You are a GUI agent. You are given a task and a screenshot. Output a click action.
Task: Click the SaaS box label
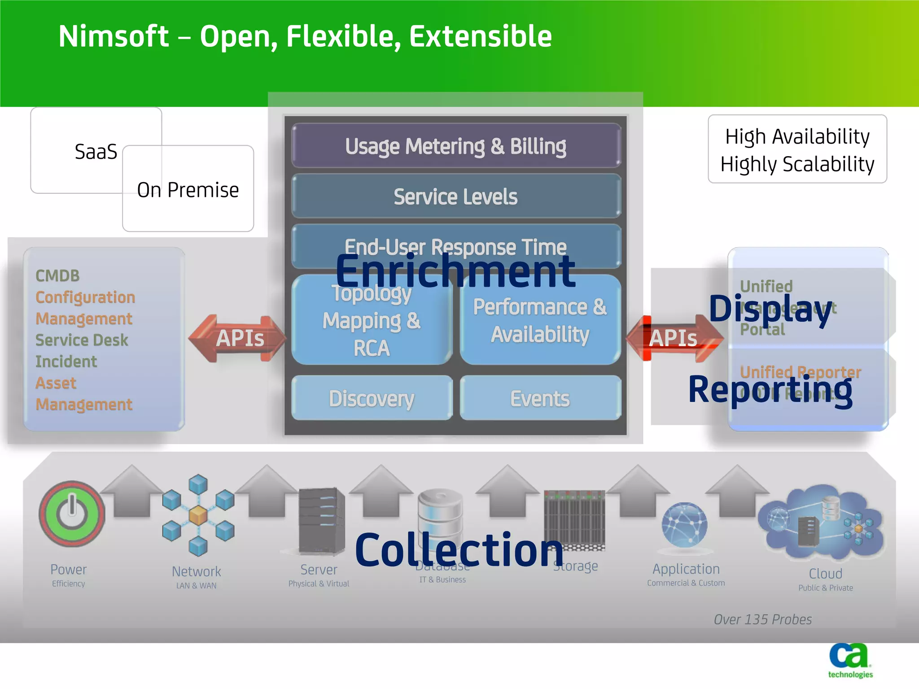pyautogui.click(x=96, y=152)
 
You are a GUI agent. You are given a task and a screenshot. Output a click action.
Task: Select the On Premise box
pyautogui.click(x=188, y=190)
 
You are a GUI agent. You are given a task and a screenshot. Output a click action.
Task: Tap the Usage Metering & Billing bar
pyautogui.click(x=455, y=146)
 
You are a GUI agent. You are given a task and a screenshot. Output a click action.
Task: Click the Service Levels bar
pyautogui.click(x=455, y=196)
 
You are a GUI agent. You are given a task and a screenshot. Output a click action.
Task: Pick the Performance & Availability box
pyautogui.click(x=540, y=321)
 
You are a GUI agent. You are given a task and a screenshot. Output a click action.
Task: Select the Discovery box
pyautogui.click(x=372, y=398)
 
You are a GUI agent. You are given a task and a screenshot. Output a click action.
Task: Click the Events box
pyautogui.click(x=540, y=398)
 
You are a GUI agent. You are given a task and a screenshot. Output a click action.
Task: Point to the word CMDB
pyautogui.click(x=57, y=275)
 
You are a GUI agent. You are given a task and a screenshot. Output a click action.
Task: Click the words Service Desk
pyautogui.click(x=82, y=340)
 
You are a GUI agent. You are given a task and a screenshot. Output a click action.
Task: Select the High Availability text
pyautogui.click(x=797, y=136)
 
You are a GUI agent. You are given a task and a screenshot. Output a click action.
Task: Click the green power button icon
pyautogui.click(x=72, y=514)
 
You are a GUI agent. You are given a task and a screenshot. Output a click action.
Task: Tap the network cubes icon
pyautogui.click(x=198, y=515)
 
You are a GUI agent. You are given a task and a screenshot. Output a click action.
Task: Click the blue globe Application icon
pyautogui.click(x=684, y=525)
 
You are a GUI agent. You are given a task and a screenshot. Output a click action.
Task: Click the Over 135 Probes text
pyautogui.click(x=762, y=619)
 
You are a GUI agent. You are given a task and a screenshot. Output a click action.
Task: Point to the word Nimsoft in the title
pyautogui.click(x=114, y=36)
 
